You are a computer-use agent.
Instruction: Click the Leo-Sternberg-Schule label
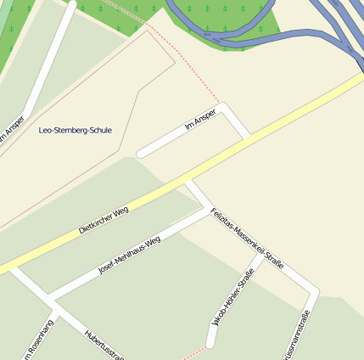76,130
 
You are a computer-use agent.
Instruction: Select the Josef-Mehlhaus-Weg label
129,254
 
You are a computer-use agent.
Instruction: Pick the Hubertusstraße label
104,345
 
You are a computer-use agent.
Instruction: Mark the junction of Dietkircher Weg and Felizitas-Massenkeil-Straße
189,181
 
